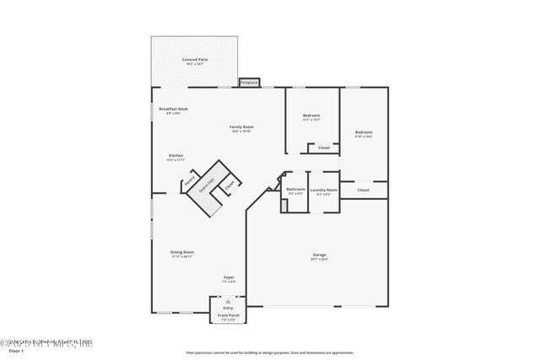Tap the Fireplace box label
[249, 83]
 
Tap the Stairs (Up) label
[205, 188]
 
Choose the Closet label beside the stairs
[229, 185]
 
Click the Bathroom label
[295, 190]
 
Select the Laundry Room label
[323, 191]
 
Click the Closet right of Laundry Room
[363, 190]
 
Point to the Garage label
[319, 256]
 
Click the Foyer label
[229, 278]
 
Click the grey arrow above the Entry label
[227, 300]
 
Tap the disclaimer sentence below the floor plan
[271, 352]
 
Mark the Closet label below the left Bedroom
[323, 148]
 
